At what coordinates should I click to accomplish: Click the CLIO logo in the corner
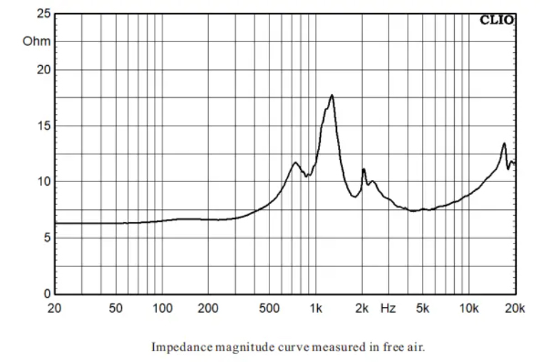[x=497, y=20]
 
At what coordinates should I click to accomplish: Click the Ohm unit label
[x=36, y=41]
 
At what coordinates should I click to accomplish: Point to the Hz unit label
[x=388, y=308]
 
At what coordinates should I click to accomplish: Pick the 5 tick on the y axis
[x=46, y=238]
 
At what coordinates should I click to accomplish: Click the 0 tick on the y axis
[x=46, y=293]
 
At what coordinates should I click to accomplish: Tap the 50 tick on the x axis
[x=116, y=308]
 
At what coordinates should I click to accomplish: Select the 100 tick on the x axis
[x=163, y=308]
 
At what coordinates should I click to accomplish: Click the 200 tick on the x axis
[x=208, y=308]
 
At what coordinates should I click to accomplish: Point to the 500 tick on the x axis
[x=269, y=308]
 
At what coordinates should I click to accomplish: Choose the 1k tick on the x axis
[x=316, y=308]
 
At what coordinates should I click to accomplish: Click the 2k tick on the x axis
[x=362, y=308]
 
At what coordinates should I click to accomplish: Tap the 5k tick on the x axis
[x=423, y=308]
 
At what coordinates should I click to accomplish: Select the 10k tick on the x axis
[x=468, y=308]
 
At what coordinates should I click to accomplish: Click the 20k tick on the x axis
[x=515, y=308]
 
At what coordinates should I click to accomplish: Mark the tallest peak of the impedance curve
[x=331, y=95]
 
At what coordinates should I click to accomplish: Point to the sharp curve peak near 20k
[x=504, y=144]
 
